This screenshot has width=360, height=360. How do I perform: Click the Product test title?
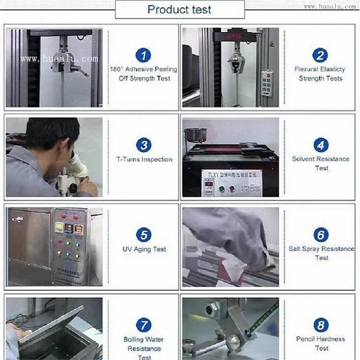coord(180,9)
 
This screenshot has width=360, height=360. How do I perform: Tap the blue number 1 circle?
coord(143,55)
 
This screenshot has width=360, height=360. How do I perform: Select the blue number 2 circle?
coord(321,55)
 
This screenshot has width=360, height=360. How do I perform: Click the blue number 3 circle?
coord(144,145)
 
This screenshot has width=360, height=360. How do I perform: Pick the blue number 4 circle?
coord(321,145)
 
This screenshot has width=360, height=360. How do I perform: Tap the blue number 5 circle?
coord(144,235)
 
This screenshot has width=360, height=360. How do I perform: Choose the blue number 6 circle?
coord(321,235)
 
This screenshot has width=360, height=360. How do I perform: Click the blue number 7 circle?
coord(144,325)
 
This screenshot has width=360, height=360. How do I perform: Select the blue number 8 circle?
coord(321,325)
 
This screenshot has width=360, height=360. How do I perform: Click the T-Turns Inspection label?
coord(144,160)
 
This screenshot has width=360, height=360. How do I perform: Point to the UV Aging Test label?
coord(144,249)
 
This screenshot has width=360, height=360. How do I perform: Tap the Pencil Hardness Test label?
coord(321,343)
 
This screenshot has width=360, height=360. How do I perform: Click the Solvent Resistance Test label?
coord(321,163)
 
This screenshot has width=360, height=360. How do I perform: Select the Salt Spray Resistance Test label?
coord(321,253)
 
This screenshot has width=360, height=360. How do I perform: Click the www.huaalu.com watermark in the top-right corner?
coord(329,7)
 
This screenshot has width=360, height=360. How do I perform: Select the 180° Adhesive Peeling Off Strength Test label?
coord(144,74)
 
